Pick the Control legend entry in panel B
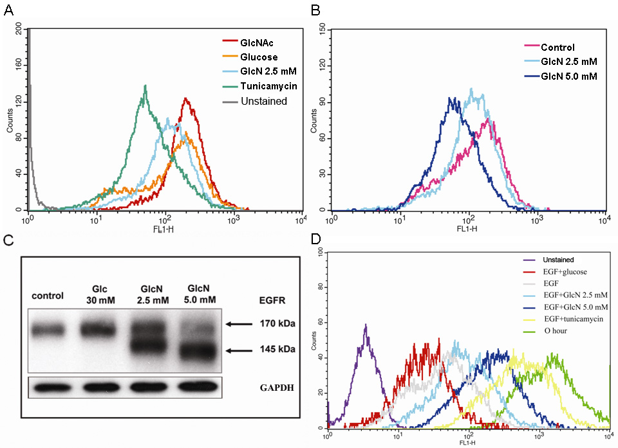557,47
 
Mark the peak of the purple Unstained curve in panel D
366,326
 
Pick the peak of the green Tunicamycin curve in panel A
146,86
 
